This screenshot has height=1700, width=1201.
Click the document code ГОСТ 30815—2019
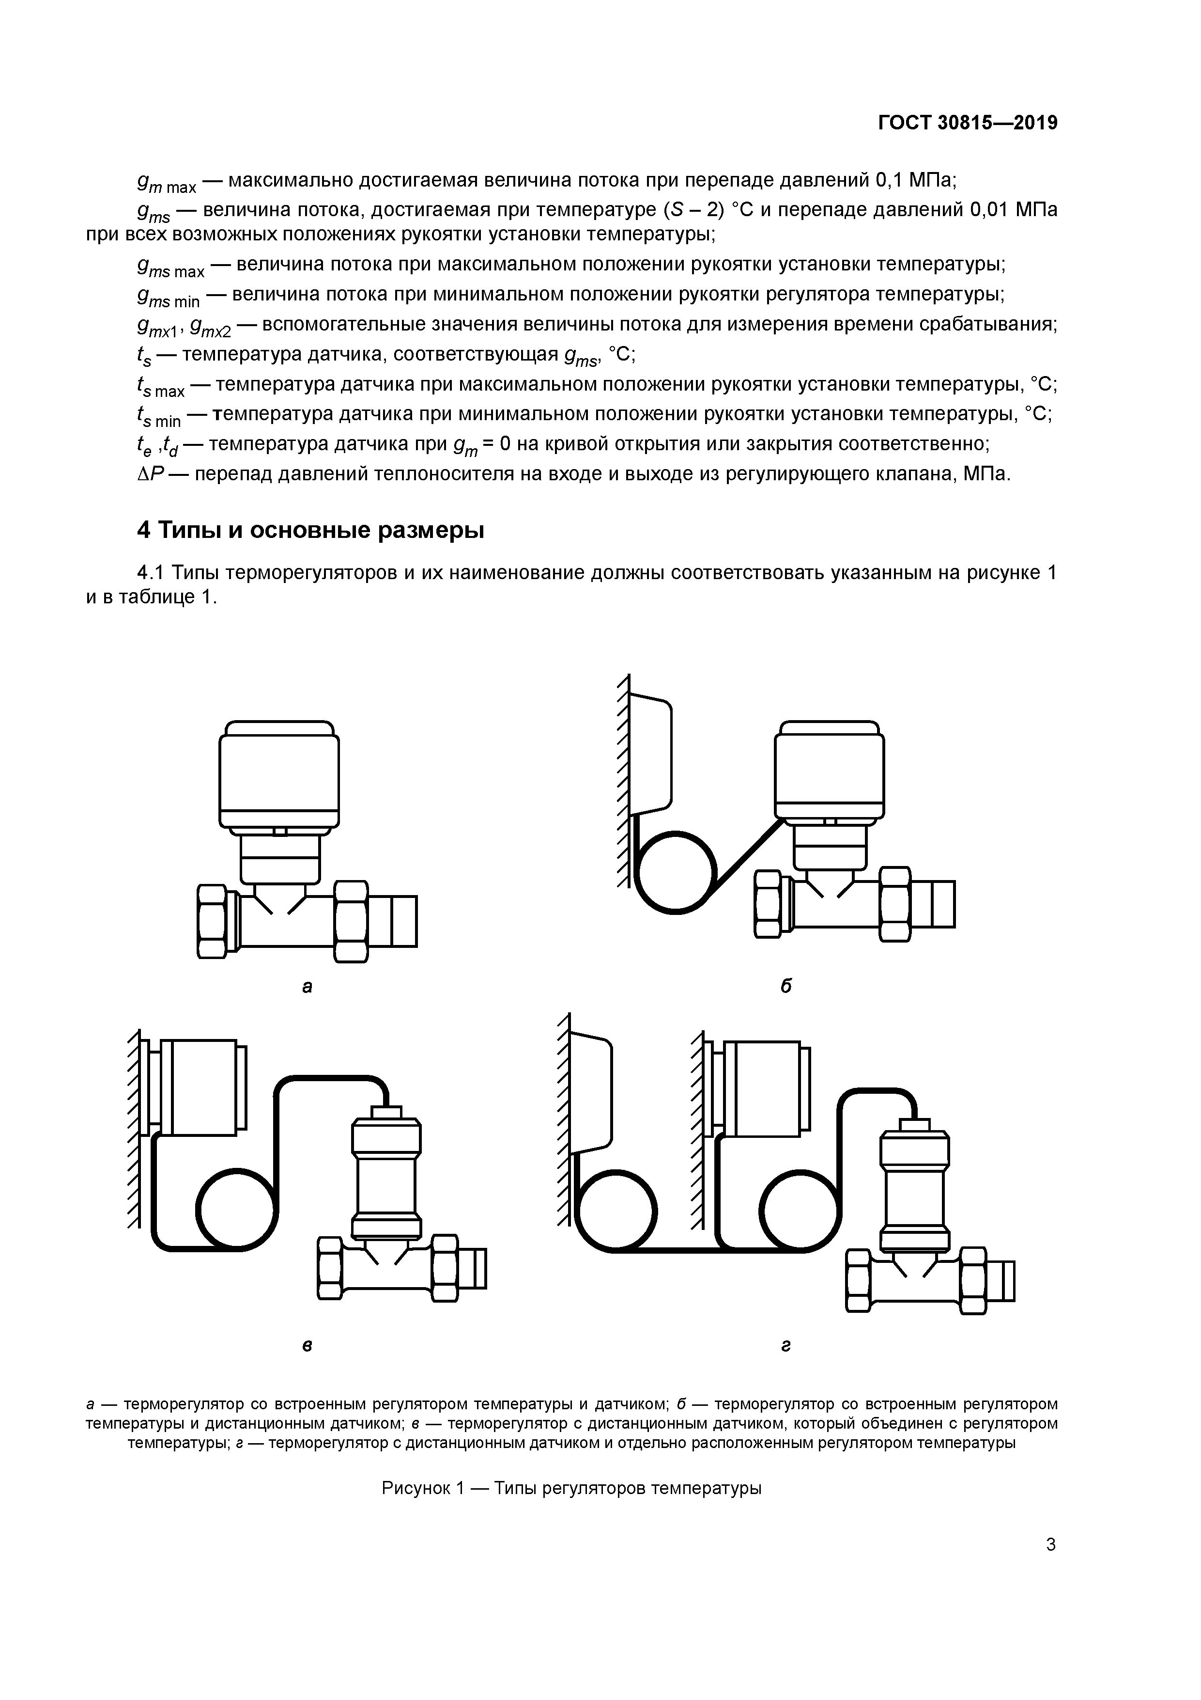967,123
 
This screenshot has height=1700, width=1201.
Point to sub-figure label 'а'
307,986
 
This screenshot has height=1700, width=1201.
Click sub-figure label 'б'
786,986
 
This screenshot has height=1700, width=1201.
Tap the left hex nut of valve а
213,921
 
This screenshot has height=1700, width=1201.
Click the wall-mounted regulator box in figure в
199,1087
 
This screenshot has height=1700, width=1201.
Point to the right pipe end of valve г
1002,1280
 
